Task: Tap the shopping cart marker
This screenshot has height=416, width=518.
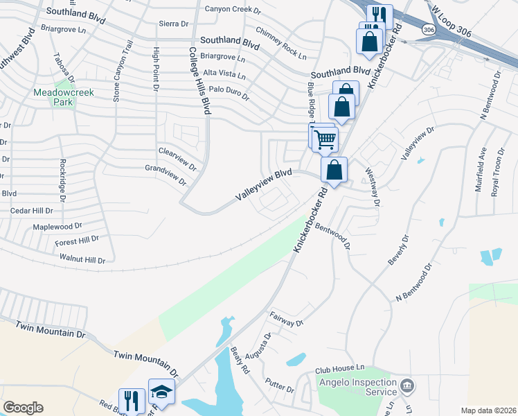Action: [x=324, y=139]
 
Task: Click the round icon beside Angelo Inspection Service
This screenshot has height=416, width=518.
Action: [x=407, y=385]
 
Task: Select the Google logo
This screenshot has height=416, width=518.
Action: [x=23, y=408]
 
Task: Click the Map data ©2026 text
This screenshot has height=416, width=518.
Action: [x=488, y=410]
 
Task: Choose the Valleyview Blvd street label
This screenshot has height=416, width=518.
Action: [x=263, y=186]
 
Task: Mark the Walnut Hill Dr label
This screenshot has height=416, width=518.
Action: [x=81, y=260]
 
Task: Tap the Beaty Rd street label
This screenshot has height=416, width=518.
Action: [x=240, y=361]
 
